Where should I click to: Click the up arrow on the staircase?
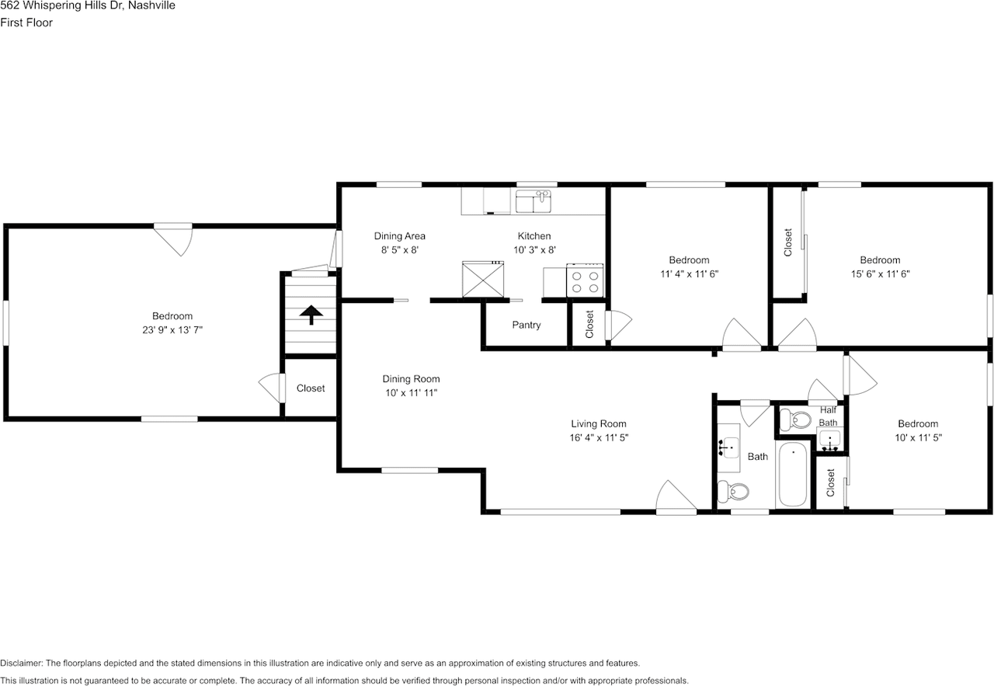pyautogui.click(x=311, y=315)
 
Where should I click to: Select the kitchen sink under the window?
pyautogui.click(x=533, y=202)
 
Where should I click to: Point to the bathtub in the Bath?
pyautogui.click(x=793, y=474)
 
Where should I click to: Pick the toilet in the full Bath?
pyautogui.click(x=734, y=491)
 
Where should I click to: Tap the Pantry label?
pyautogui.click(x=526, y=325)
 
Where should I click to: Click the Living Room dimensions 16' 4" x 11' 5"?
pyautogui.click(x=598, y=437)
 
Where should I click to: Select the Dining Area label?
pyautogui.click(x=399, y=236)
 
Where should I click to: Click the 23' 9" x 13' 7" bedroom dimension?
pyautogui.click(x=172, y=329)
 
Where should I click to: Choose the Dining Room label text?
pyautogui.click(x=411, y=379)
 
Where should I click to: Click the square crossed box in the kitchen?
pyautogui.click(x=483, y=279)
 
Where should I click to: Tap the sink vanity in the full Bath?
pyautogui.click(x=728, y=446)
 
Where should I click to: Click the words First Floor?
pyautogui.click(x=26, y=23)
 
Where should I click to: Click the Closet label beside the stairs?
pyautogui.click(x=311, y=388)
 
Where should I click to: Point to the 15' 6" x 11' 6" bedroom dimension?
pyautogui.click(x=879, y=273)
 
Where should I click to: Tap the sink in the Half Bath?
pyautogui.click(x=829, y=442)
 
